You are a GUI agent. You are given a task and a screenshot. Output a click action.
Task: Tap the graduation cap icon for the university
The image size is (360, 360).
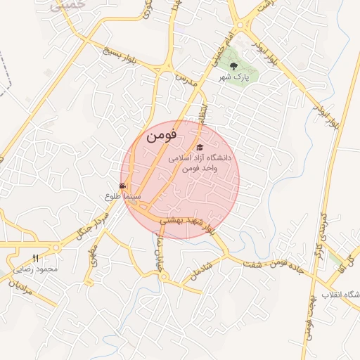click(200, 148)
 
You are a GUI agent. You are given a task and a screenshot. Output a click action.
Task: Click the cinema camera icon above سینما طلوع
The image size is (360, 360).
click(123, 186)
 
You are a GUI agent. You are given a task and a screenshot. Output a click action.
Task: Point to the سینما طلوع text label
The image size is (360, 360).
click(123, 198)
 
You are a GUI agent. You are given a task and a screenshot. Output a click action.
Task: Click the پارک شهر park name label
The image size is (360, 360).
click(244, 77)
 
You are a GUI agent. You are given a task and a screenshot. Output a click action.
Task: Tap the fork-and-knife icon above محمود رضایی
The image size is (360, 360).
click(36, 258)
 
